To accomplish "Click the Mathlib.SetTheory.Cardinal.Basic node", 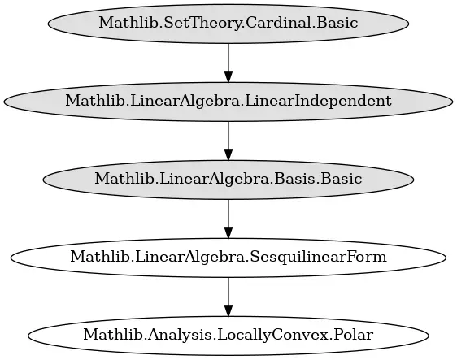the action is tap(228, 24).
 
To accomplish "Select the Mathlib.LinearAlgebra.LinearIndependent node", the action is tap(228, 102).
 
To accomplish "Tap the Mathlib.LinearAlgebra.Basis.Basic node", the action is tap(228, 180).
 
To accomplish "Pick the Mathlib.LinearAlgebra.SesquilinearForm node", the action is tap(228, 258).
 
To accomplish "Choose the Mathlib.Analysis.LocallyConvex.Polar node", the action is tap(228, 336).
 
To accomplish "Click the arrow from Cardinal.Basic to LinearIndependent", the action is tap(228, 63).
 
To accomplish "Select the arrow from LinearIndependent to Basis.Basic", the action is tap(228, 141).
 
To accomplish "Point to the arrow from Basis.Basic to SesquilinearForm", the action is tap(228, 219).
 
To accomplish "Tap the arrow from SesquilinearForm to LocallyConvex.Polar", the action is tap(228, 297).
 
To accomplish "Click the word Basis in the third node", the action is tap(293, 179).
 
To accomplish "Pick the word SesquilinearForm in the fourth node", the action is tap(318, 257).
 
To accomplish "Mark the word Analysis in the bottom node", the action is tap(179, 336).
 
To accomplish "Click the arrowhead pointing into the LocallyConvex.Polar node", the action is tap(228, 310).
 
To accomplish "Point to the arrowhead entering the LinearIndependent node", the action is tap(228, 76).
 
